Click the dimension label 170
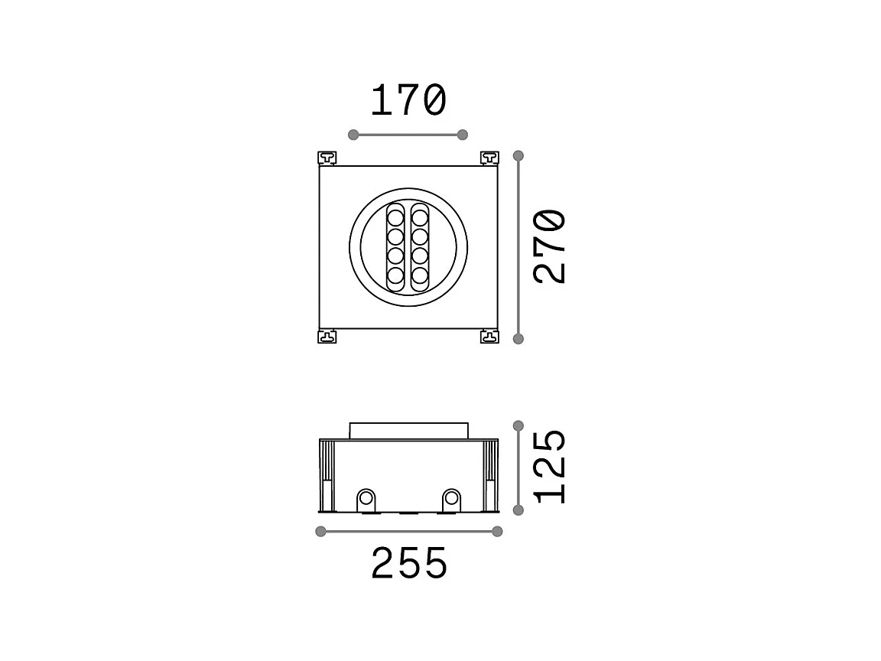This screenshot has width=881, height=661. click(x=408, y=101)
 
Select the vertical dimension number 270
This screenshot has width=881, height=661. click(x=551, y=246)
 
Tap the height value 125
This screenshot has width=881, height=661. click(x=551, y=466)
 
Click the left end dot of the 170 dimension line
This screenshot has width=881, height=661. click(x=353, y=135)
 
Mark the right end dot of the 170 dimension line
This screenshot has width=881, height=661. click(x=462, y=135)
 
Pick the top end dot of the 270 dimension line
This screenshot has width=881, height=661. click(x=519, y=156)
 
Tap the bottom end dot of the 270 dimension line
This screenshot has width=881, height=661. click(x=519, y=338)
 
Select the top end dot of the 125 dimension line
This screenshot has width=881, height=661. click(x=519, y=425)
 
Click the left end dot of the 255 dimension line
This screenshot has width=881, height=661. click(x=320, y=532)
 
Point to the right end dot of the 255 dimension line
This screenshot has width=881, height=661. click(x=497, y=532)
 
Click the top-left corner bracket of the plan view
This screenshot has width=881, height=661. click(x=327, y=158)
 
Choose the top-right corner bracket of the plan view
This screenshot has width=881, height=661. click(x=489, y=158)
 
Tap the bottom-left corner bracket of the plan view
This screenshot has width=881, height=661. click(x=327, y=336)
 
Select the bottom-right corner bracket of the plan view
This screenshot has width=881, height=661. click(x=489, y=336)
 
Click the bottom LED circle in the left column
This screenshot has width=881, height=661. click(x=396, y=275)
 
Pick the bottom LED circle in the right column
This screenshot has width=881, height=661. click(x=420, y=275)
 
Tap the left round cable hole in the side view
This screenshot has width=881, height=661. click(x=366, y=500)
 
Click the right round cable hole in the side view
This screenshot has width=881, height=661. click(x=452, y=500)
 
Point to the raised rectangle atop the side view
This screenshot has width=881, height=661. click(x=408, y=431)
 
